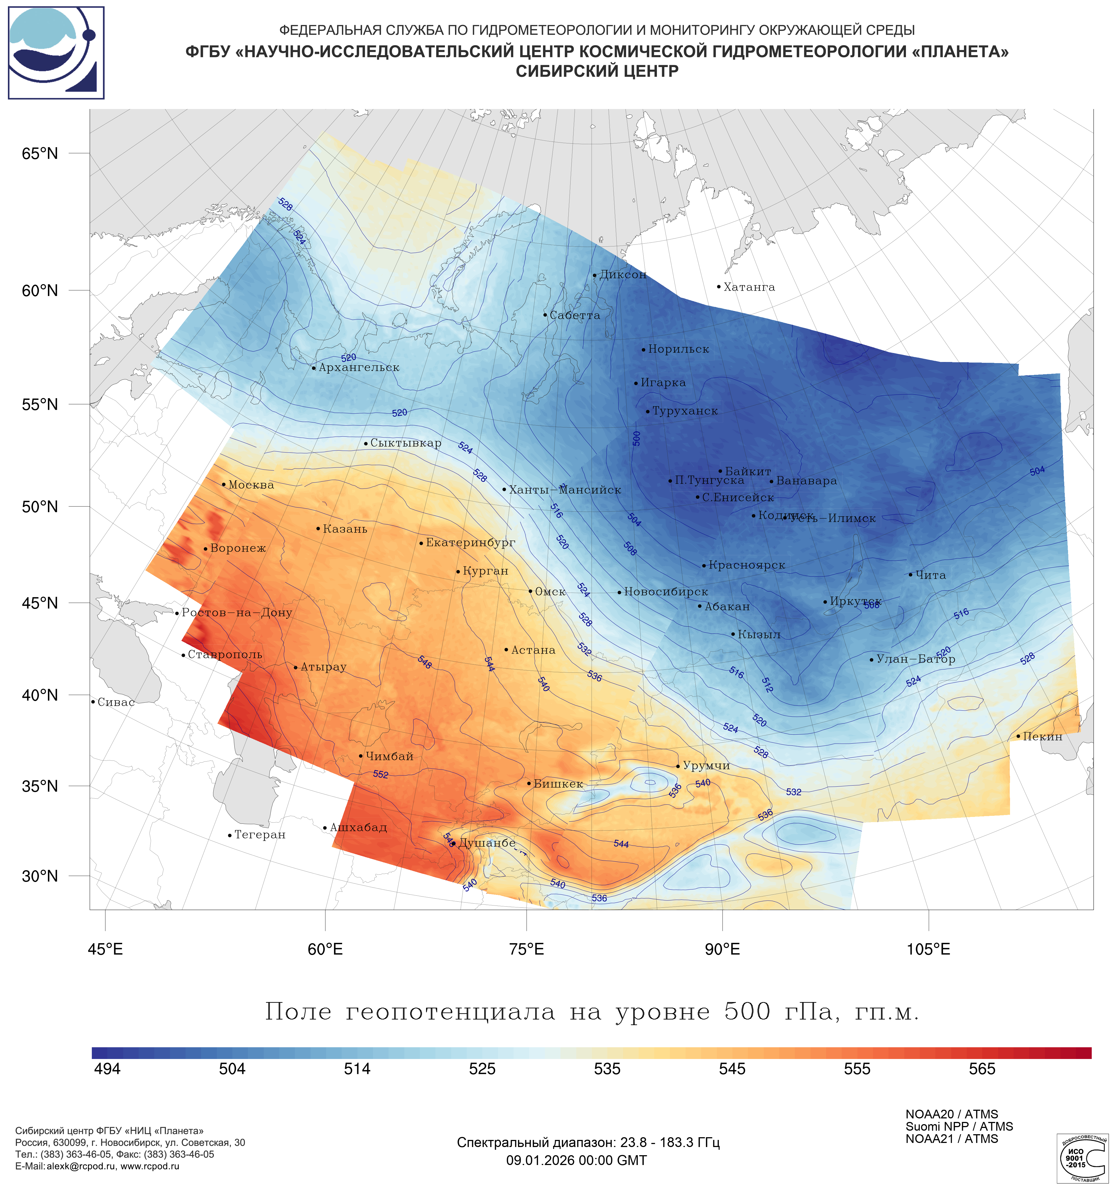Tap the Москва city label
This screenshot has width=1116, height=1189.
251,485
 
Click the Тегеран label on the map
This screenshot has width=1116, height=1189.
259,835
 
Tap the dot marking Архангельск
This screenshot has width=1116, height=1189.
314,368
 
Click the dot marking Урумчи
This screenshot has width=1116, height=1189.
678,766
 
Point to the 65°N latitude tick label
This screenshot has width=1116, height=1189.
40,154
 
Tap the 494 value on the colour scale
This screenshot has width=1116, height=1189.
108,1069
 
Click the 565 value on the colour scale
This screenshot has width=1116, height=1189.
982,1069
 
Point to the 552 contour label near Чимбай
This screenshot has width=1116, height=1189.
381,774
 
